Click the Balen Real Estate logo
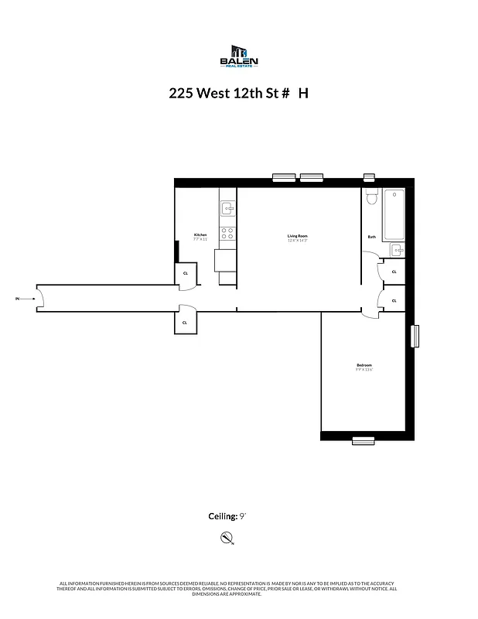tap(239, 56)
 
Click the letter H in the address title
tap(303, 93)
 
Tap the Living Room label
tap(298, 235)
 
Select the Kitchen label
tap(200, 234)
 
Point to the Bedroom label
tap(364, 365)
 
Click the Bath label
tap(371, 237)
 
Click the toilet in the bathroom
tap(370, 199)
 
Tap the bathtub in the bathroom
tap(394, 214)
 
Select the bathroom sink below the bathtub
tap(396, 250)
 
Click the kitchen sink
tap(227, 207)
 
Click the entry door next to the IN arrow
tap(43, 298)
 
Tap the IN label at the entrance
tap(17, 298)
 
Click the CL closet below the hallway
tap(185, 322)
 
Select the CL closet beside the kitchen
tap(186, 273)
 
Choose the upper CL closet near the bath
tap(394, 272)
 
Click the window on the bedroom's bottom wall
tap(363, 440)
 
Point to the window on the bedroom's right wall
tap(415, 336)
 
